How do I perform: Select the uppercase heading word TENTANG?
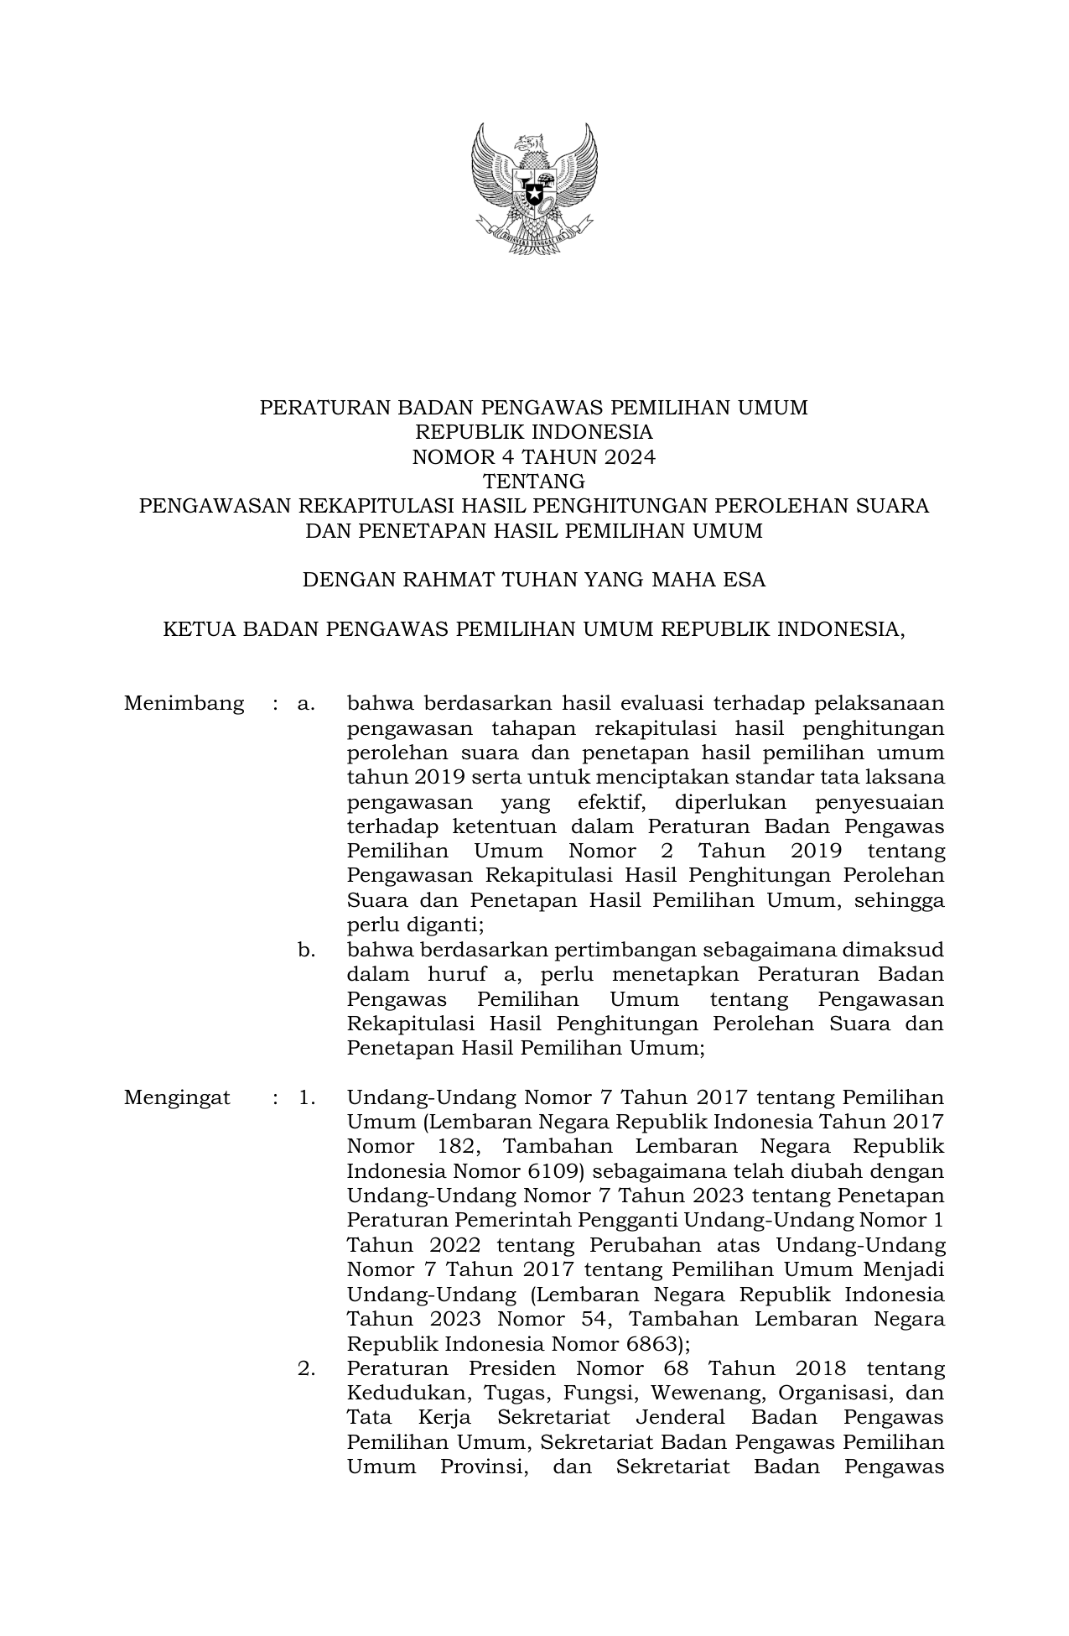534,482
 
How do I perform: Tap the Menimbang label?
184,703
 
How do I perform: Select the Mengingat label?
177,1098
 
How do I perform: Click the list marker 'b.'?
306,951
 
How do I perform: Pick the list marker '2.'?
306,1369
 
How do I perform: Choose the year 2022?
454,1245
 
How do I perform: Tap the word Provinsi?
483,1467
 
